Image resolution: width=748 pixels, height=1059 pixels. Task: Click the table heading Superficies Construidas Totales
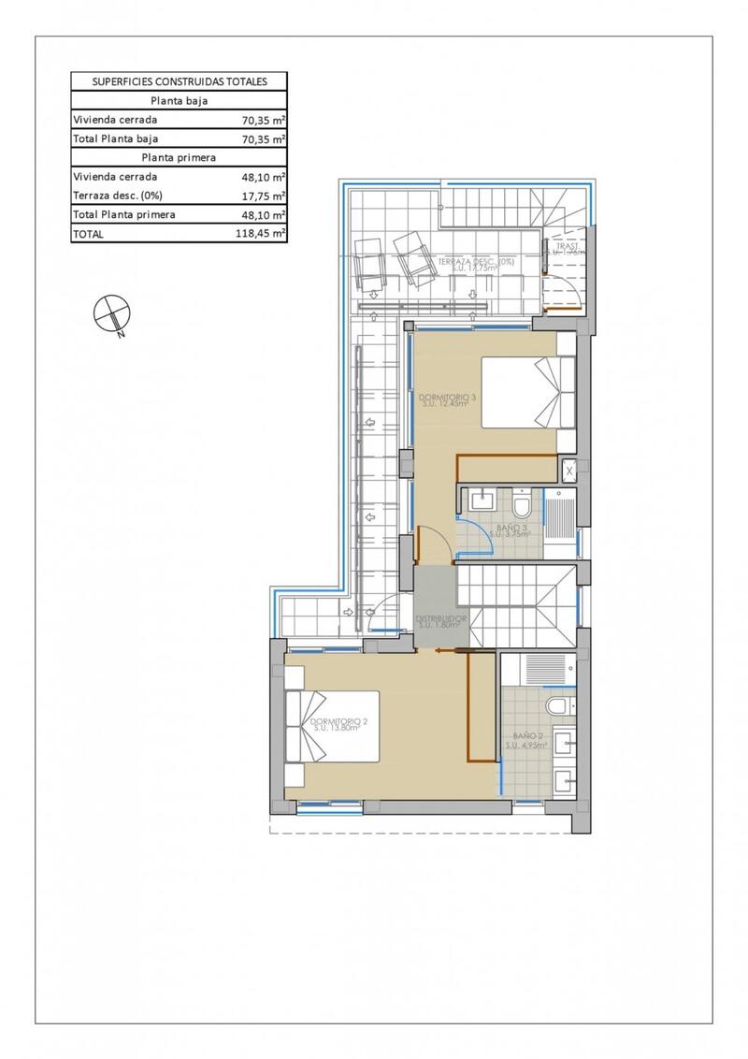(x=179, y=81)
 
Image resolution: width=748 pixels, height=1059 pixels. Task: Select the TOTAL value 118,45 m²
(x=261, y=234)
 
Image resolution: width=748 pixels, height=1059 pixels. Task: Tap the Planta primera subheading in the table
(x=179, y=157)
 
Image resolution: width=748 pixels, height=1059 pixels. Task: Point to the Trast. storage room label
(x=566, y=249)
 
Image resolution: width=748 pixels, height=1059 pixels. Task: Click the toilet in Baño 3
(x=522, y=506)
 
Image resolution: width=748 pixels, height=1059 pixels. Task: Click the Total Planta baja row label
(x=110, y=138)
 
